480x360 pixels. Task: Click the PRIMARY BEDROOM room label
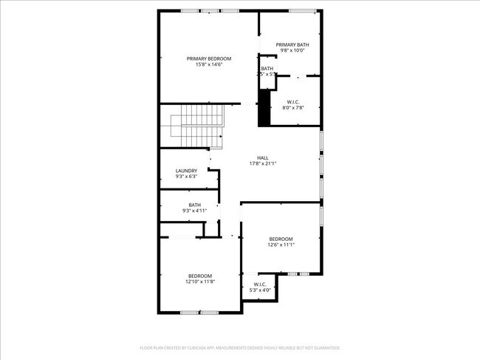[x=209, y=58]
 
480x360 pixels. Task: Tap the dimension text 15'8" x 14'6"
[x=209, y=65]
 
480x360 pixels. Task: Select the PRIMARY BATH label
[x=292, y=44]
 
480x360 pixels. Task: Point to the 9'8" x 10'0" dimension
[x=292, y=51]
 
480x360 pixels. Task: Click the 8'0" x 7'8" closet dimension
[x=293, y=108]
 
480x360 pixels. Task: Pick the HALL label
[x=263, y=157]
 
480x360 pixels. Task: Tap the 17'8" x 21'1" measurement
[x=263, y=163]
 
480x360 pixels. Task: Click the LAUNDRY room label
[x=186, y=171]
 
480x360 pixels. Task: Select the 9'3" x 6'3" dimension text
[x=186, y=177]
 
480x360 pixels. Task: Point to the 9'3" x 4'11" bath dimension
[x=194, y=211]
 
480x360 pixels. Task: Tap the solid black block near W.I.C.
[x=264, y=108]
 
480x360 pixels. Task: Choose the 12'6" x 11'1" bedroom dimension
[x=281, y=245]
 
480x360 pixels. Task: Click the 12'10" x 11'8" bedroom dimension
[x=199, y=282]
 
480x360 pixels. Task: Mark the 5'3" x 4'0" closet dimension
[x=260, y=290]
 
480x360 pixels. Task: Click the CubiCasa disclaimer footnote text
[x=240, y=347]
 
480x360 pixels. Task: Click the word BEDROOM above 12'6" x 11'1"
[x=281, y=239]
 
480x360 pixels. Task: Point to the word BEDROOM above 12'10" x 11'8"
[x=199, y=276]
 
